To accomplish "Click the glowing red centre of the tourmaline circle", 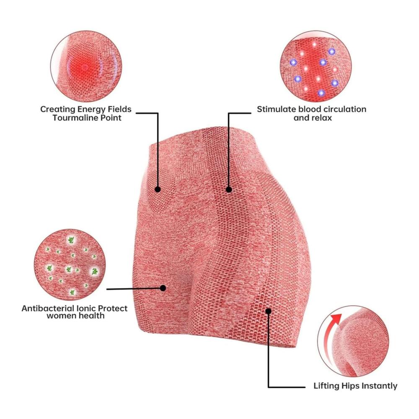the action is point(85,67).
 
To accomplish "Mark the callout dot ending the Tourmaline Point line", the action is point(158,189).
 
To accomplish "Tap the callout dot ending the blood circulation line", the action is point(229,189).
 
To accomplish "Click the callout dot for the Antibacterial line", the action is point(163,288).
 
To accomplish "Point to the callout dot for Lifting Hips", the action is point(269,311).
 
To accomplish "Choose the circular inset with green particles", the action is point(70,264).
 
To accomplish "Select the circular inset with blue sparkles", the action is point(316,66).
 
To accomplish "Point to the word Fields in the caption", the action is point(119,109).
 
